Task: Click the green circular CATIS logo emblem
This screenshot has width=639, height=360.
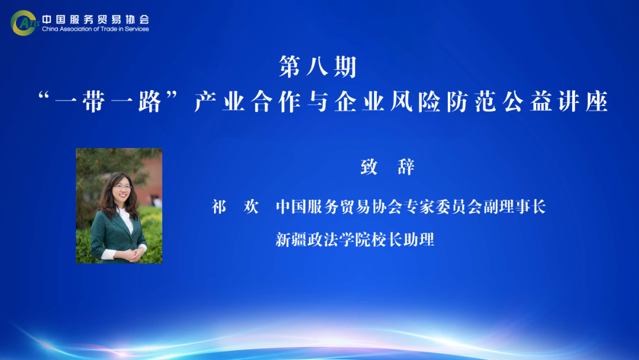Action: pyautogui.click(x=23, y=23)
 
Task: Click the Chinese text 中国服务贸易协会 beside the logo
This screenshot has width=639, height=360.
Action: pyautogui.click(x=95, y=19)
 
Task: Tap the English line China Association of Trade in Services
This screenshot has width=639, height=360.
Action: pyautogui.click(x=95, y=29)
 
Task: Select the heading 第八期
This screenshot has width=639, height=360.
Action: pyautogui.click(x=318, y=66)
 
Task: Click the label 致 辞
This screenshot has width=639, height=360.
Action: pyautogui.click(x=388, y=167)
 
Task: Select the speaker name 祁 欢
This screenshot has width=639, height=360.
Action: pyautogui.click(x=235, y=207)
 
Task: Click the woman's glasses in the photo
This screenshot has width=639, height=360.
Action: pyautogui.click(x=122, y=187)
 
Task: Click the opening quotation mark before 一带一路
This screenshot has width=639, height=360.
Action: pyautogui.click(x=43, y=97)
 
